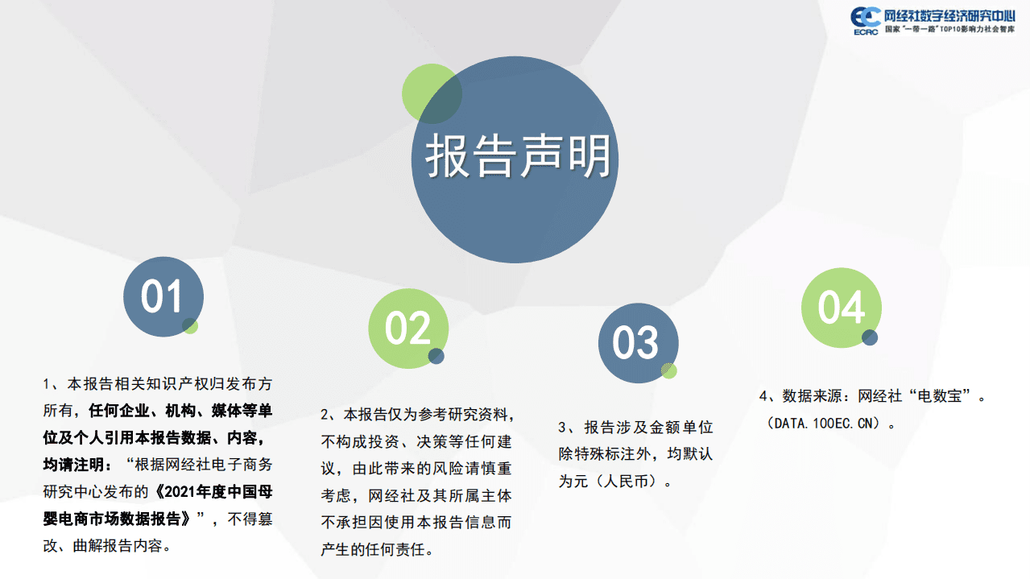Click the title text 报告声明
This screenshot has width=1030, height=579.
click(x=518, y=156)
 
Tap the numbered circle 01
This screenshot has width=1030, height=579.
click(x=163, y=296)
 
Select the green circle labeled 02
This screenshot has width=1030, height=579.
click(x=407, y=328)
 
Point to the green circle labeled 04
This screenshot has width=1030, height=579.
click(x=841, y=307)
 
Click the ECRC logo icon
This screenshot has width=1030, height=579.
click(x=866, y=20)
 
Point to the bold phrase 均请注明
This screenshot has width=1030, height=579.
click(x=74, y=465)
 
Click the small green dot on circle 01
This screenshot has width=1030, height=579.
click(x=190, y=325)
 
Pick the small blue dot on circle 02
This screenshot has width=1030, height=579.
click(x=436, y=356)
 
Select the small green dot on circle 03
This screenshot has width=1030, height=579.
click(x=669, y=370)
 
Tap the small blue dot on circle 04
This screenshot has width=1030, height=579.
click(x=870, y=337)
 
